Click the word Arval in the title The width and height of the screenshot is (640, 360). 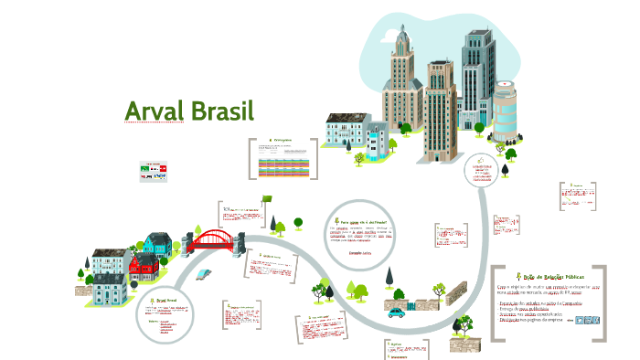(155, 111)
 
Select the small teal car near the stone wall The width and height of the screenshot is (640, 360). (396, 312)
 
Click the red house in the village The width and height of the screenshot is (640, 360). (144, 267)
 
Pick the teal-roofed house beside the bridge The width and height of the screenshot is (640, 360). (156, 243)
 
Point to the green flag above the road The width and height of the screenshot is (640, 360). (267, 198)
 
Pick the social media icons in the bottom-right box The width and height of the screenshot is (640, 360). (590, 320)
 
